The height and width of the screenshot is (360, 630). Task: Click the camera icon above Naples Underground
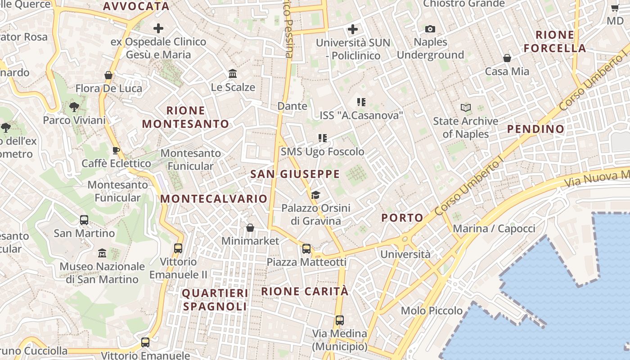[430, 29]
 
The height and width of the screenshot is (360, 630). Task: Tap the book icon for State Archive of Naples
[465, 108]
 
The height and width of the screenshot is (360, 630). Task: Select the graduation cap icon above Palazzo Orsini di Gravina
[315, 195]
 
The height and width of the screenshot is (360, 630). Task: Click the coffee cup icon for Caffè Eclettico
[116, 150]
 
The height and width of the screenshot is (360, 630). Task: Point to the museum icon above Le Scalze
[233, 73]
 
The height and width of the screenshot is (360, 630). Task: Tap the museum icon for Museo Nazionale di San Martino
[102, 253]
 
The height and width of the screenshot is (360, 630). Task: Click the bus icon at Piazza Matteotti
[306, 248]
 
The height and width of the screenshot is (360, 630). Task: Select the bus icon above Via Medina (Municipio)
[340, 320]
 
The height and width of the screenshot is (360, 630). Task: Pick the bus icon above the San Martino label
[84, 220]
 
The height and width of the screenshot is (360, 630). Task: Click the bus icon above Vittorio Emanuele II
[178, 248]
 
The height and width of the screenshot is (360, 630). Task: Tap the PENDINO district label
[535, 129]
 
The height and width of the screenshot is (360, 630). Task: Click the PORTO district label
[402, 218]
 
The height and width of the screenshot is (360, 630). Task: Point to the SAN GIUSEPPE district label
[295, 174]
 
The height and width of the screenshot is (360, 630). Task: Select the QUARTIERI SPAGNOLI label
[215, 300]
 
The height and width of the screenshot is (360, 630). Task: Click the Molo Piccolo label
[432, 310]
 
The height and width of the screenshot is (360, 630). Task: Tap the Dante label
[292, 106]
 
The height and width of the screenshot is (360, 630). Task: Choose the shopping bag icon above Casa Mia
[507, 58]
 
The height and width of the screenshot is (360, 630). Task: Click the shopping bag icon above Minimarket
[250, 228]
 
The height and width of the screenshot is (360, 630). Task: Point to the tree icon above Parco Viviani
[74, 107]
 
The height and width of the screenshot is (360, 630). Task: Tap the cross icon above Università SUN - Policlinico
[353, 30]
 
